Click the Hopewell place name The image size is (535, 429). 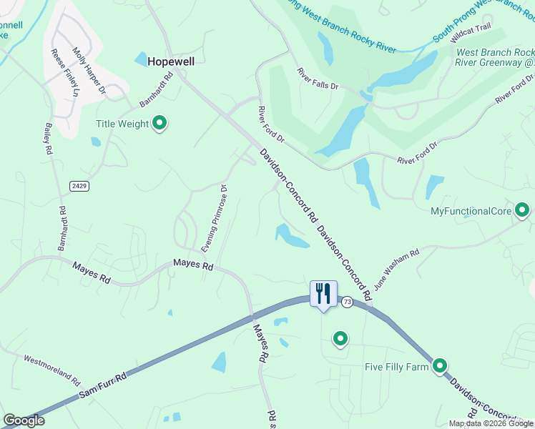[x=171, y=61]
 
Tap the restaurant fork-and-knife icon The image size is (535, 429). [x=323, y=294]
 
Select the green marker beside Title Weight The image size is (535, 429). [x=160, y=124]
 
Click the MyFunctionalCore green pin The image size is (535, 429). [x=522, y=210]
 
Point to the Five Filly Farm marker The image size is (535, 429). [x=439, y=366]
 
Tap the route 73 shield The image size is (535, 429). [x=347, y=302]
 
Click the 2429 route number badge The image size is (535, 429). [x=79, y=186]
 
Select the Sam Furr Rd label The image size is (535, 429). [x=102, y=385]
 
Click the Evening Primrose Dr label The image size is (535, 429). [x=214, y=219]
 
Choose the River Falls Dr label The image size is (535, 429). [x=318, y=78]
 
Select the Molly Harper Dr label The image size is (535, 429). [x=89, y=72]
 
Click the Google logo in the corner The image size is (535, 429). [x=24, y=421]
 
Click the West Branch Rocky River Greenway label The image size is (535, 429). [x=494, y=57]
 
